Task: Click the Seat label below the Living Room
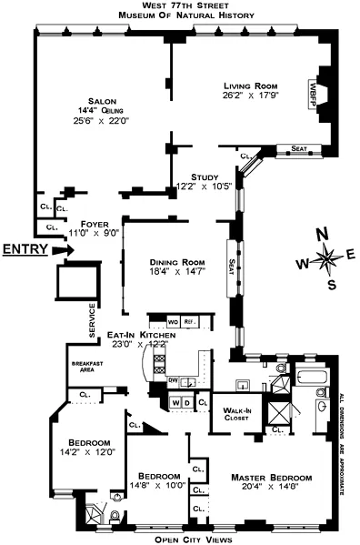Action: point(299,148)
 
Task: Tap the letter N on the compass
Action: point(322,234)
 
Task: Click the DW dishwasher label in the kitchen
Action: point(172,380)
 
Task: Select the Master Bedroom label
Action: point(271,478)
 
